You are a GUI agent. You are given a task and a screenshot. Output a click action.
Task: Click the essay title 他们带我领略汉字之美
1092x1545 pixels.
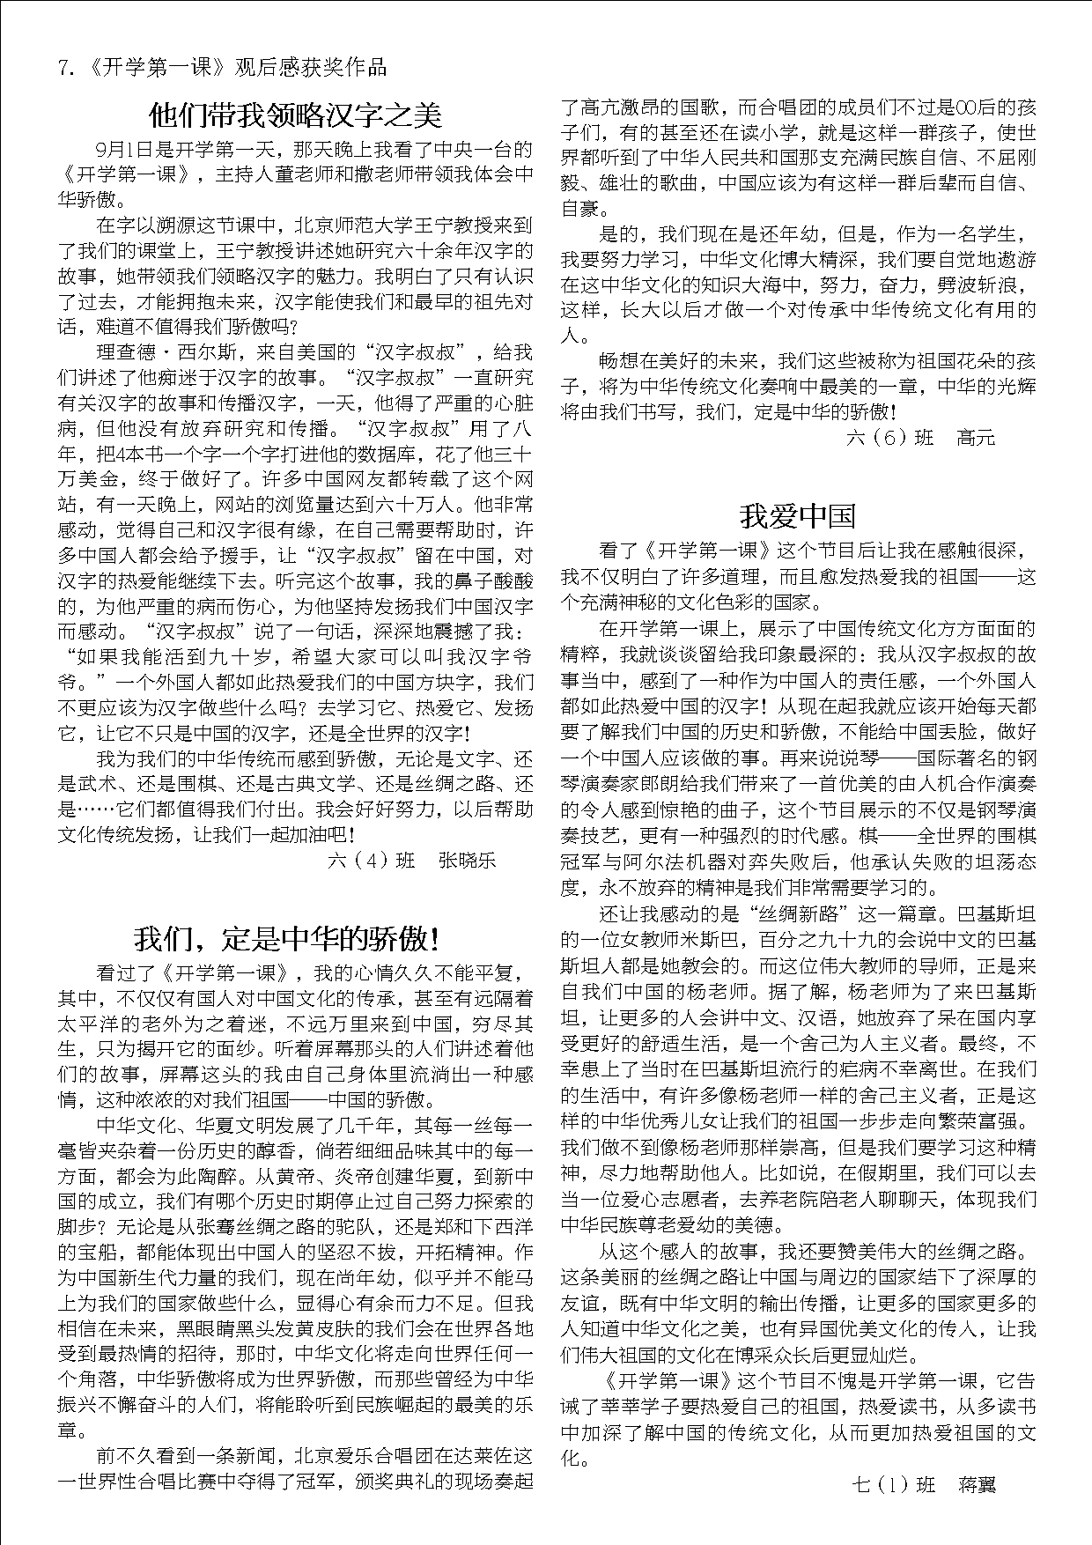click(x=295, y=115)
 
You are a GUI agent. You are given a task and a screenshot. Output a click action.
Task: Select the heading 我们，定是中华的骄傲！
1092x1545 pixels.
click(x=287, y=939)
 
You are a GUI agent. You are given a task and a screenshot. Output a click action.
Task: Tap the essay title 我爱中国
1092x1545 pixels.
click(x=797, y=516)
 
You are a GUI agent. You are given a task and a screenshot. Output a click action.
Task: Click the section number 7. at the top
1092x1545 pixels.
click(x=65, y=68)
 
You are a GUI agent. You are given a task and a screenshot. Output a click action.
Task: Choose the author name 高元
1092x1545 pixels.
click(x=976, y=438)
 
